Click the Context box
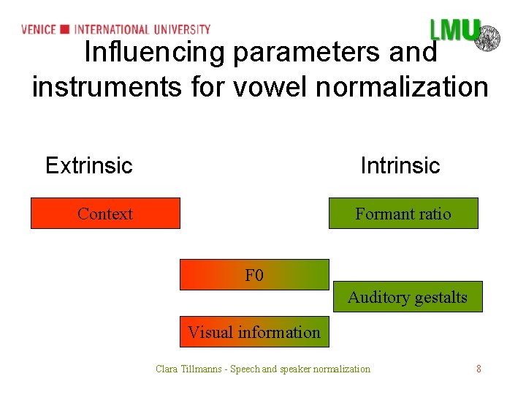[105, 214]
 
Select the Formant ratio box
[403, 214]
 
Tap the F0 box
[254, 275]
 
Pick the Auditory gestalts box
[408, 297]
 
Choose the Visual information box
[254, 332]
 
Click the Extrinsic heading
[89, 165]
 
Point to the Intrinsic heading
[400, 165]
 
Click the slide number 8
[479, 369]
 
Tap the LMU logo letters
[454, 31]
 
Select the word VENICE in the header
[39, 29]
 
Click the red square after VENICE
[65, 29]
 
